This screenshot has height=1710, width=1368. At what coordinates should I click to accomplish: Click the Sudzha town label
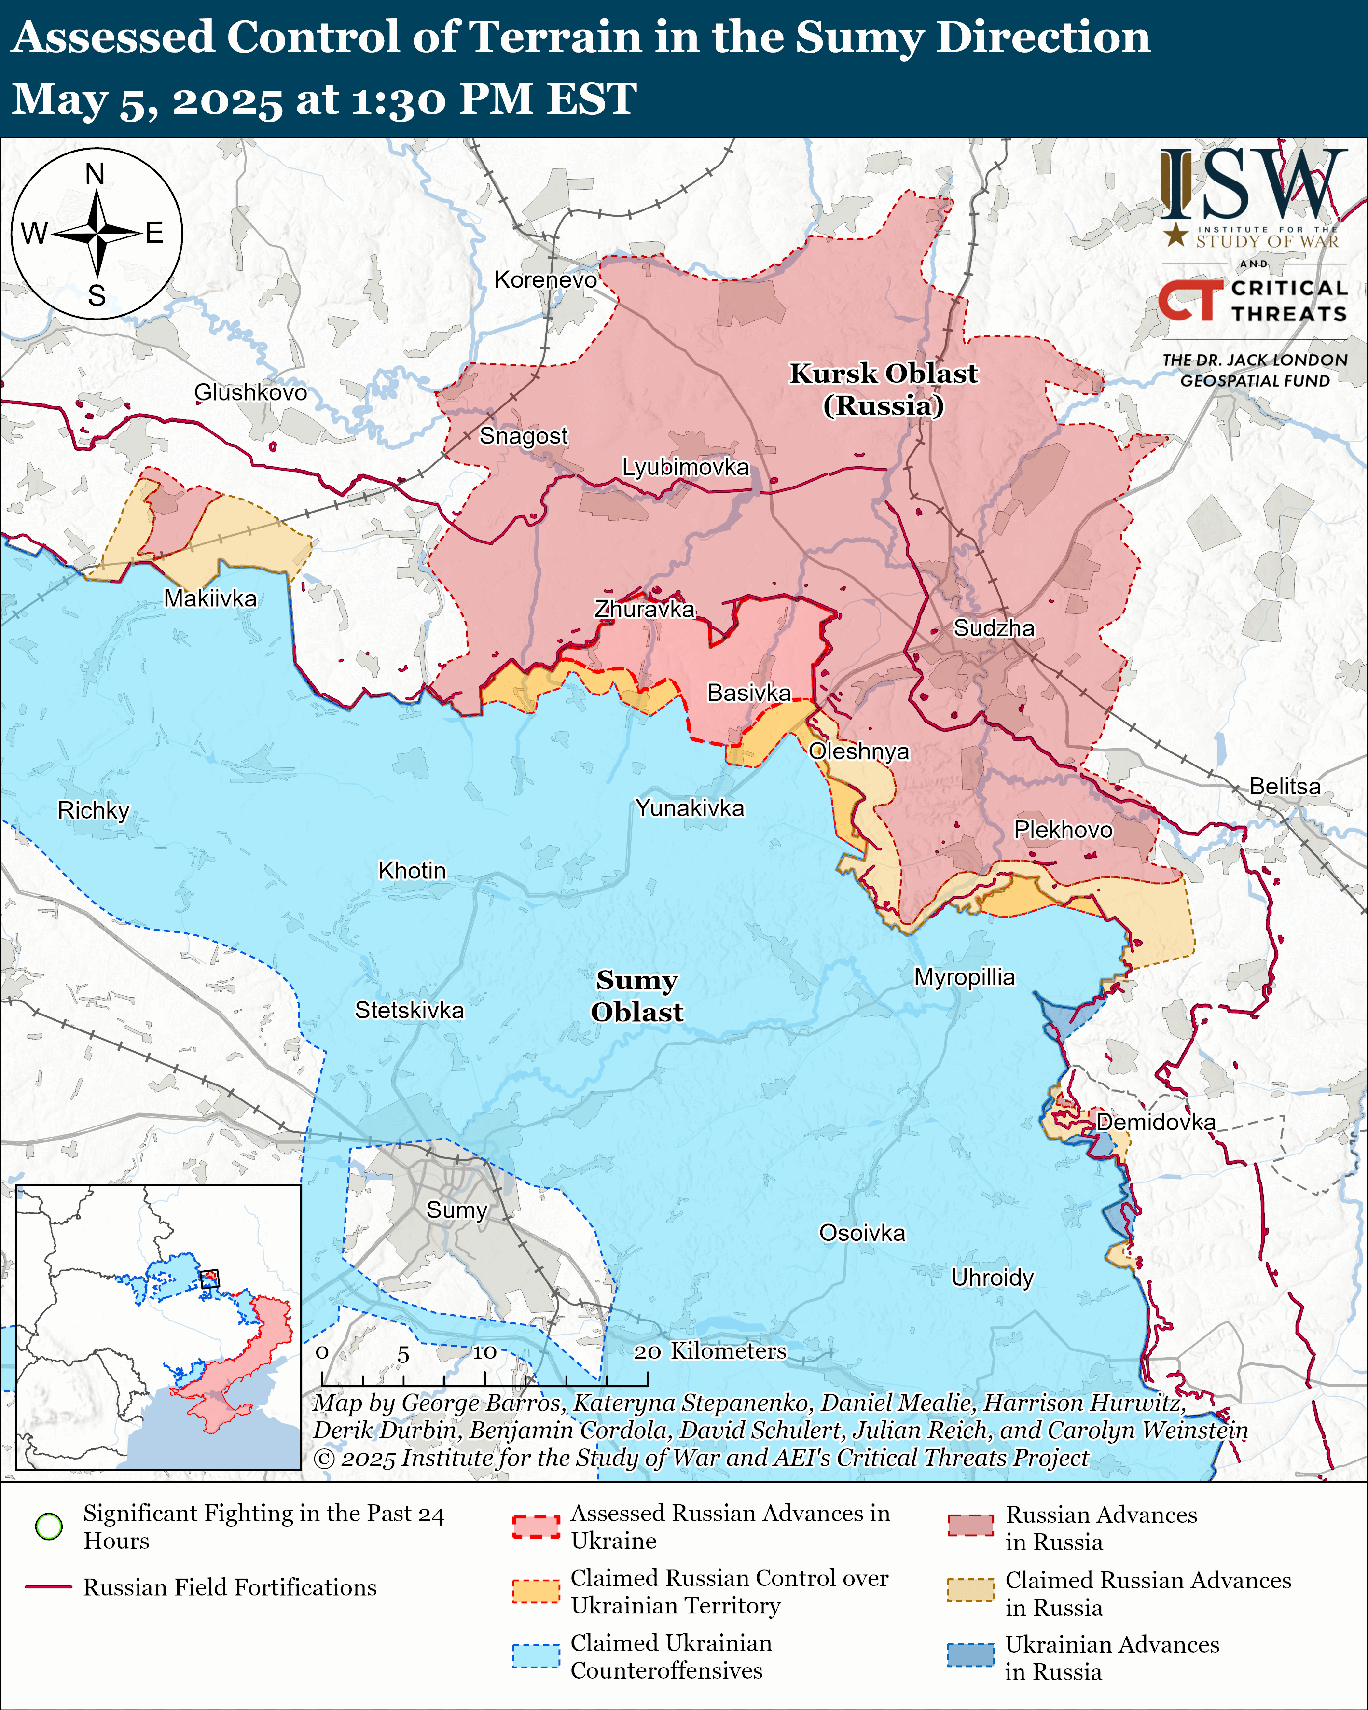click(993, 628)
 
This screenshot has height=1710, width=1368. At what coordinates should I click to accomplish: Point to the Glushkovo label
click(250, 392)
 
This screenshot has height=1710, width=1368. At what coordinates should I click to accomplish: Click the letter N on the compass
click(95, 174)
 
